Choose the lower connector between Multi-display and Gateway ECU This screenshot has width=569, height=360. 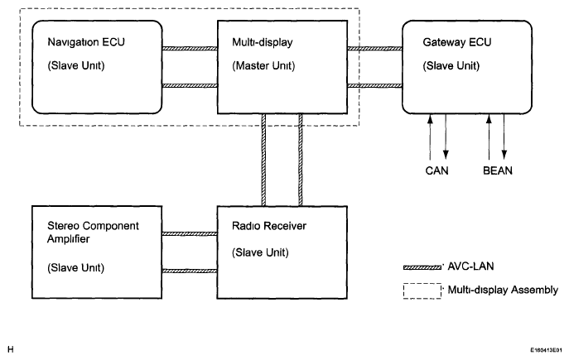pos(374,85)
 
